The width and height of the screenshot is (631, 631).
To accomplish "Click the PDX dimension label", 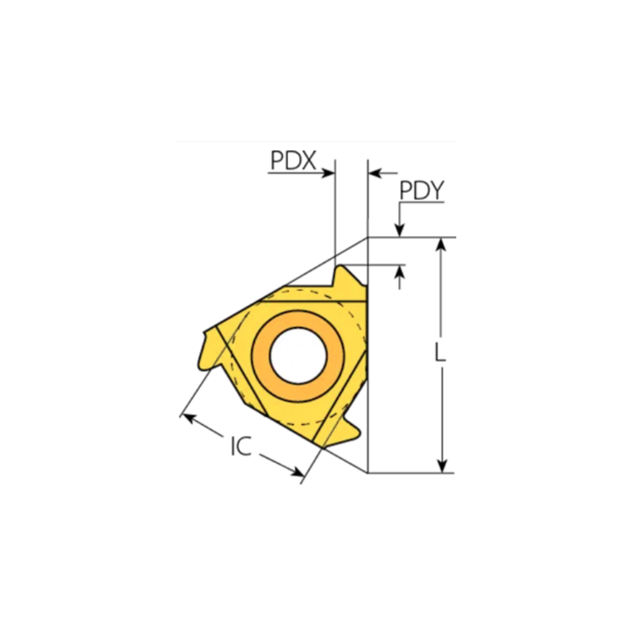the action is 293,161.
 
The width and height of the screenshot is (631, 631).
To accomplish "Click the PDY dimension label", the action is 421,190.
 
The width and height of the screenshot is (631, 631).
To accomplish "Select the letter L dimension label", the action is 441,352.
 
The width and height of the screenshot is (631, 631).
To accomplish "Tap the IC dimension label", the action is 241,446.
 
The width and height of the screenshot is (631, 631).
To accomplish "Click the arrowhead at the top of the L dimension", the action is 442,244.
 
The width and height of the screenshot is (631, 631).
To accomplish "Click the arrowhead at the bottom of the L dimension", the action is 442,466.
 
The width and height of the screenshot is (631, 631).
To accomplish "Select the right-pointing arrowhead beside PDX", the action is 328,174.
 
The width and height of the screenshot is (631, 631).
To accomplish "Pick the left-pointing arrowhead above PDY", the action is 375,174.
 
